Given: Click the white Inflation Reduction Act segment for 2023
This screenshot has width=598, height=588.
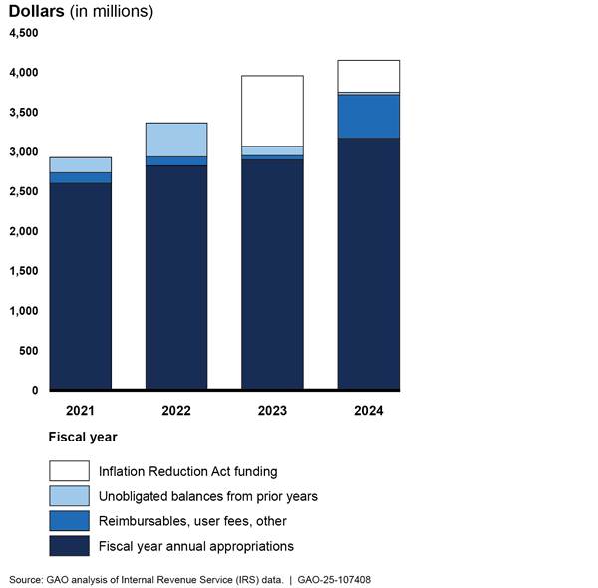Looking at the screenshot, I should coord(272,111).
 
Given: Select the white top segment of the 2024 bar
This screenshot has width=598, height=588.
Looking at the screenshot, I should coord(368,76).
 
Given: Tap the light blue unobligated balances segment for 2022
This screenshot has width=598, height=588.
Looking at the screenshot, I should coord(176,140).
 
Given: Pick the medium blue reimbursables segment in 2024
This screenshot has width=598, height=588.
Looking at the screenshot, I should coord(368,117).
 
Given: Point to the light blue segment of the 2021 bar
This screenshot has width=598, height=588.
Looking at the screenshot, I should coord(81,164).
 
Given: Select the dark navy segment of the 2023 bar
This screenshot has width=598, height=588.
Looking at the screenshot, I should coord(272,274).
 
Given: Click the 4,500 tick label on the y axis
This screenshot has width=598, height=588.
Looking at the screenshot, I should coord(23,33).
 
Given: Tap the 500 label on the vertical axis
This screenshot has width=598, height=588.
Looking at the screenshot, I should coord(28,351).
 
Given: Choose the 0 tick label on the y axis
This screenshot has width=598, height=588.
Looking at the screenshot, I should coord(34,391).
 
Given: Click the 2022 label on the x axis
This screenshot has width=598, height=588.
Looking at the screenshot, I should coord(176,411).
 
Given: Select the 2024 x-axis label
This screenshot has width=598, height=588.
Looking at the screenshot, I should coord(368,411).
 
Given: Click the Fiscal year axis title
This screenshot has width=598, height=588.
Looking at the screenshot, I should coord(83,437).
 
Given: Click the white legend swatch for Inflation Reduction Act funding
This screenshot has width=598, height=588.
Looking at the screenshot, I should coord(69,470).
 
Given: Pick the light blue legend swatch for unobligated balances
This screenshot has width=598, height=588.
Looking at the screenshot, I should coord(69,495).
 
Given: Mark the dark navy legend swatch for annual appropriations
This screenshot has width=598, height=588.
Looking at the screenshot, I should coord(69,545).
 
